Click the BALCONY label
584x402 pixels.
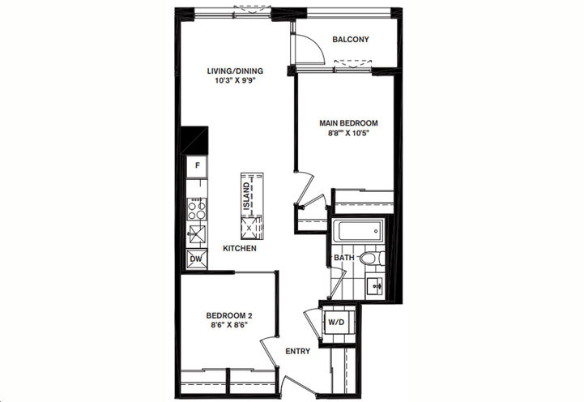tap(350, 40)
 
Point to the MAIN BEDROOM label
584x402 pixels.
tap(348, 123)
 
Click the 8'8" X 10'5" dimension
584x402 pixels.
tap(348, 134)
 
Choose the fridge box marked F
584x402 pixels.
tap(196, 167)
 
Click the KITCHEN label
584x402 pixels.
tap(241, 248)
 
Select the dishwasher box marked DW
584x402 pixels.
tap(195, 260)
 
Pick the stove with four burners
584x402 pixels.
tap(196, 211)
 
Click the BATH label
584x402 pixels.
tap(343, 259)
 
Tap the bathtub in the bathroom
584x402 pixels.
tap(356, 232)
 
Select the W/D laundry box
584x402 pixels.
tap(335, 321)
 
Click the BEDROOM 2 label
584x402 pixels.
tap(226, 314)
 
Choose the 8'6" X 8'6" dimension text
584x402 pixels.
tap(226, 325)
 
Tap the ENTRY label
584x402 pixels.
tap(299, 351)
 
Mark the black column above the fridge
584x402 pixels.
tap(194, 139)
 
